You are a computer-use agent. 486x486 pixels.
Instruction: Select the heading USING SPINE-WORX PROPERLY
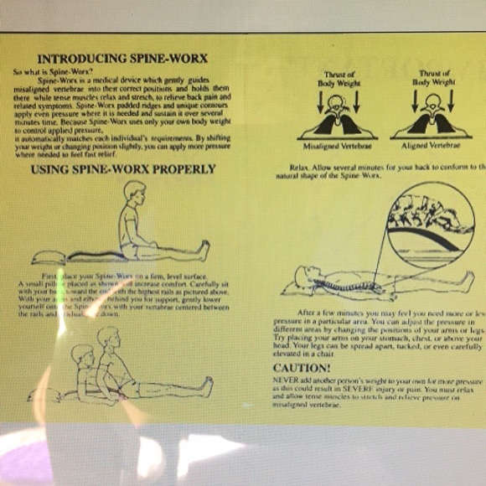(x=123, y=169)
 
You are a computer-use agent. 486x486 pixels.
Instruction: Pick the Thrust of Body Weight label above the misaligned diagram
(x=339, y=79)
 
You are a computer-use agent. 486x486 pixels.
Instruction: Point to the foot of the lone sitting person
(x=204, y=247)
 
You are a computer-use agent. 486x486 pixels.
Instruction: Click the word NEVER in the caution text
(x=286, y=381)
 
